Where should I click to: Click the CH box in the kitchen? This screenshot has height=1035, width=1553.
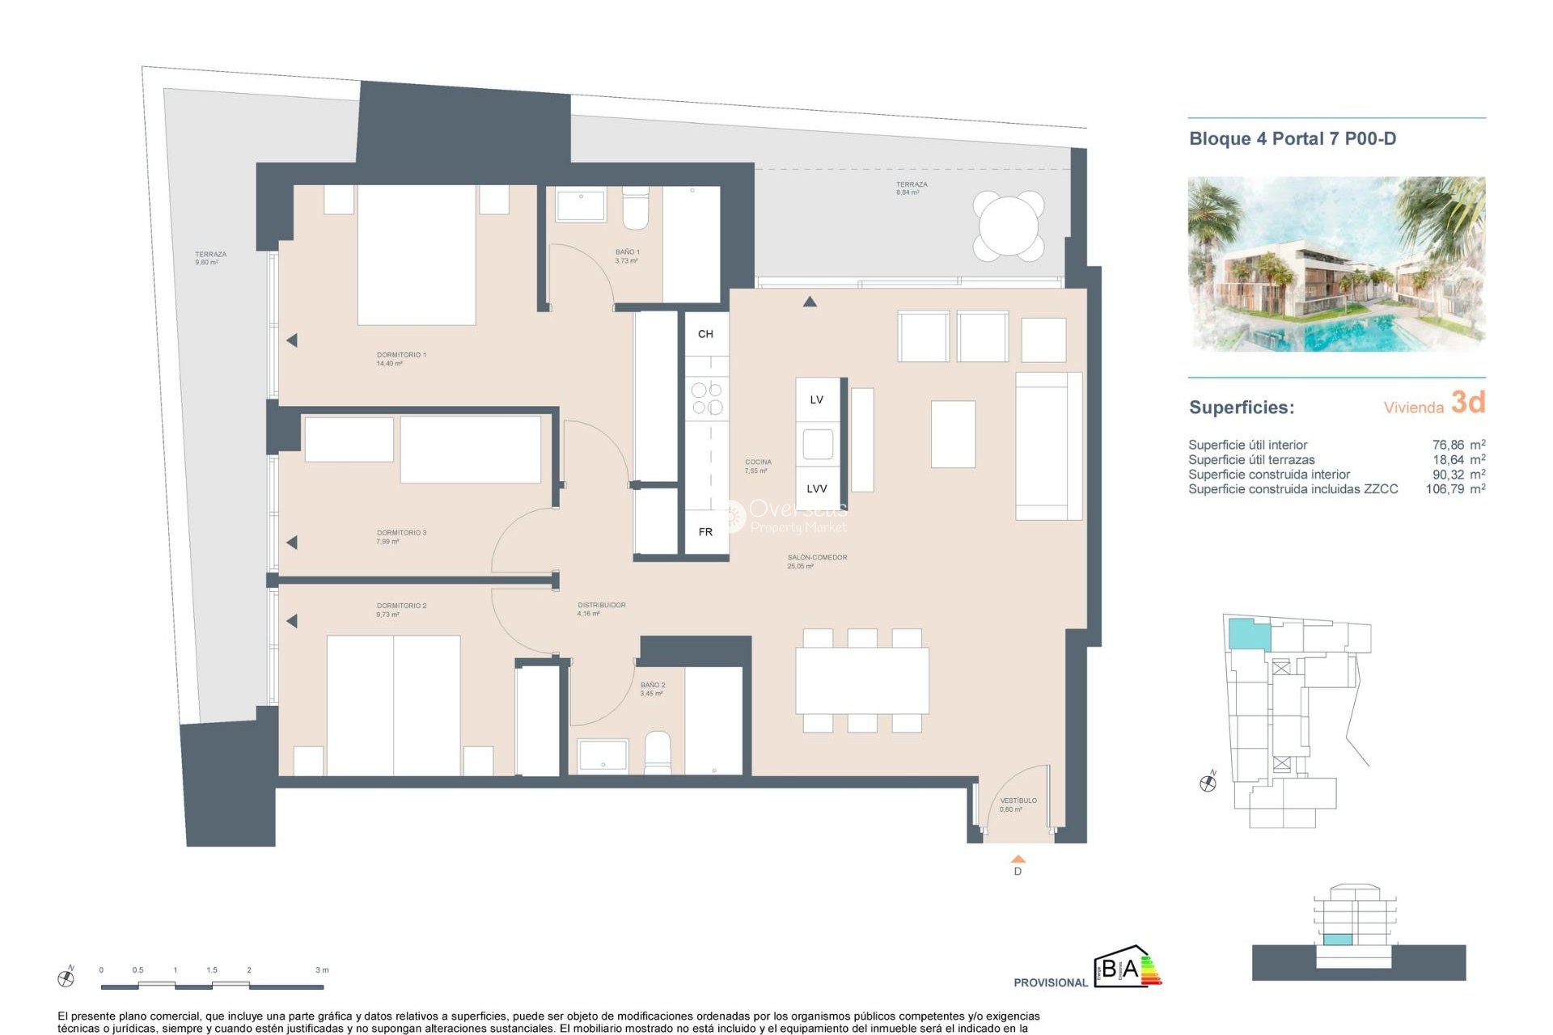point(705,334)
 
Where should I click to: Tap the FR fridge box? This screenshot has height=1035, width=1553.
point(705,531)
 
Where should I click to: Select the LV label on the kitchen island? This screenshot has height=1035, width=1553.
point(816,399)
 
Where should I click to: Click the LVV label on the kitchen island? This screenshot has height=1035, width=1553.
point(816,488)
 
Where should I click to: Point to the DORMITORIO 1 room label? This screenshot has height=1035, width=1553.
point(401,355)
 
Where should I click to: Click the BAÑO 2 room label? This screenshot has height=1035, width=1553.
point(653,685)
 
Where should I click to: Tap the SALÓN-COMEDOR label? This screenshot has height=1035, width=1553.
point(817,557)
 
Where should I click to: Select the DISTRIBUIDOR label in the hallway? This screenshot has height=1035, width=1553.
point(601,605)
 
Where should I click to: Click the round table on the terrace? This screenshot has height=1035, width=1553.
point(1009,225)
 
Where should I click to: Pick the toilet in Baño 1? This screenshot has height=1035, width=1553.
point(636,208)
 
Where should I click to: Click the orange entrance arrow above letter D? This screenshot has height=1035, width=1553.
point(1018,859)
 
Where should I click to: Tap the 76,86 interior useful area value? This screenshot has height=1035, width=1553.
point(1448,445)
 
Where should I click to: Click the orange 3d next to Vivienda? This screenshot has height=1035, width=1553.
point(1467,402)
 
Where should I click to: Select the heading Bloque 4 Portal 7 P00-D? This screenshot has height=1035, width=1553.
point(1292,139)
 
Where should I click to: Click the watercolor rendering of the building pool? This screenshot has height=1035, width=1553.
point(1335,264)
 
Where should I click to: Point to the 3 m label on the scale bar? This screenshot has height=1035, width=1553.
point(322,970)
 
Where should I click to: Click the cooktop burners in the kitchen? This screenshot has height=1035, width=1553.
point(706,399)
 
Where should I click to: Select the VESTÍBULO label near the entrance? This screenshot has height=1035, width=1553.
point(1018,801)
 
